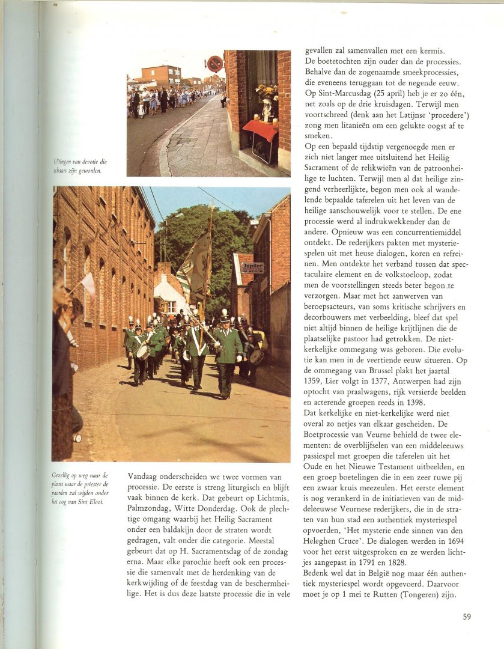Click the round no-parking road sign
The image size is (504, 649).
(x=215, y=63)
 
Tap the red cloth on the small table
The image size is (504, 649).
(x=260, y=129)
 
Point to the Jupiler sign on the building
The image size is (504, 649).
(x=252, y=267)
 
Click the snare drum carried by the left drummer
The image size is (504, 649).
(x=144, y=352)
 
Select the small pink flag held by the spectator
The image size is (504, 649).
(x=88, y=284)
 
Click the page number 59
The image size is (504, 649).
(x=467, y=617)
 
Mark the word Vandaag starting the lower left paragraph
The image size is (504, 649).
(x=144, y=476)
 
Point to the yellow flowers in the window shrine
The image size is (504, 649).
(x=266, y=91)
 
